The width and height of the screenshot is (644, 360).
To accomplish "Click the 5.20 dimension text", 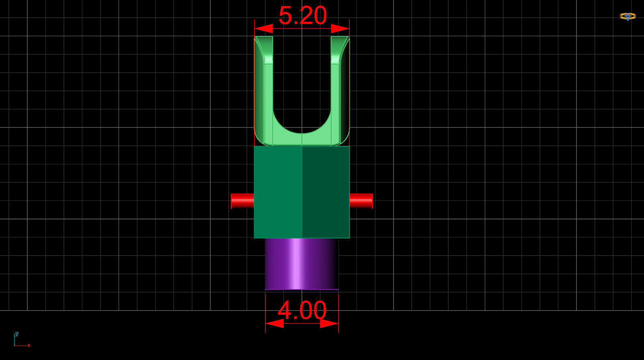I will (302, 16).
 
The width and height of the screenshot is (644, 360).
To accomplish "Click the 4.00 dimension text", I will (302, 310).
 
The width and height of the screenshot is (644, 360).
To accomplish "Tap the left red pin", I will (242, 201).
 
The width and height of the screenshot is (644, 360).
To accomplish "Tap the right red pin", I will (361, 201).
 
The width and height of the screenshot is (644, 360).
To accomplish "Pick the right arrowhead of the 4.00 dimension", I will (329, 323).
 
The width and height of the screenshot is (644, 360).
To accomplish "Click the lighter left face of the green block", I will (278, 192).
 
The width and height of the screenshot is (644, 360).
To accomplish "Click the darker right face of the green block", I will (326, 192).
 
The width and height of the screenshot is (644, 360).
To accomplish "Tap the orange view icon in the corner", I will (628, 16).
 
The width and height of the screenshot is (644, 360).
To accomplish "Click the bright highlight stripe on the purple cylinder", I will (295, 264).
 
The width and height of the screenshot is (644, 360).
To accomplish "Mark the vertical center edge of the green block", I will (302, 192).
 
